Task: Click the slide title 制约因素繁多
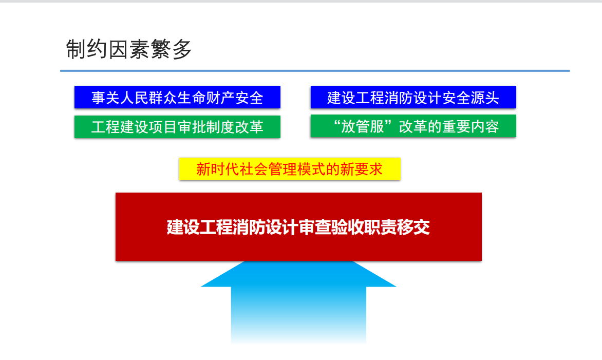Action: (x=128, y=49)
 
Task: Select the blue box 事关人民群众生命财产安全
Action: (x=177, y=97)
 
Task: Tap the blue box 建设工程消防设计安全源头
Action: (x=413, y=97)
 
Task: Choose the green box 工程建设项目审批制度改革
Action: (x=177, y=127)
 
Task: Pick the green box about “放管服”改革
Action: (x=413, y=126)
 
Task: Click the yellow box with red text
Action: (x=290, y=169)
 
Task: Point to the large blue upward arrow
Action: (x=298, y=301)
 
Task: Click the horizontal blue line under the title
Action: (x=315, y=71)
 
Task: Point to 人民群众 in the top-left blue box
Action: (x=148, y=98)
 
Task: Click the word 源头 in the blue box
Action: (x=485, y=98)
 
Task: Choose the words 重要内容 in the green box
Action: (x=471, y=127)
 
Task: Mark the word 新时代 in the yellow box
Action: (x=218, y=169)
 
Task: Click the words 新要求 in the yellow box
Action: (x=361, y=169)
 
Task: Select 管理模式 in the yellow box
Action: (x=297, y=169)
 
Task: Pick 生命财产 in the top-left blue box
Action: (x=206, y=98)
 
